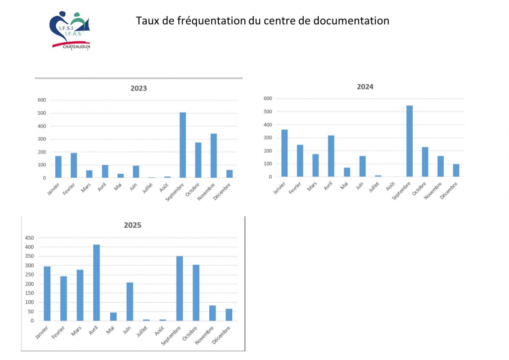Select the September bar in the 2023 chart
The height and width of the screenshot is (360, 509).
pyautogui.click(x=183, y=145)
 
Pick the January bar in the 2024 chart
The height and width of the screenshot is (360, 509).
pyautogui.click(x=284, y=153)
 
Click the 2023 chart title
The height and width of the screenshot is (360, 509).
pyautogui.click(x=139, y=88)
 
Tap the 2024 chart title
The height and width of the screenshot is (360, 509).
pyautogui.click(x=365, y=87)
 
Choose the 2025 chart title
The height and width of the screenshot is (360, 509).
pyautogui.click(x=133, y=225)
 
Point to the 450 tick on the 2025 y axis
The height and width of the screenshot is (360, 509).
pyautogui.click(x=29, y=238)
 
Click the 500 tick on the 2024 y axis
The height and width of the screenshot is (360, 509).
pyautogui.click(x=267, y=112)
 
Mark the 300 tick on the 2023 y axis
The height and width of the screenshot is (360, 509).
pyautogui.click(x=41, y=139)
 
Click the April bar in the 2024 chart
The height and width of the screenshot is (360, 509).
pyautogui.click(x=331, y=156)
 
